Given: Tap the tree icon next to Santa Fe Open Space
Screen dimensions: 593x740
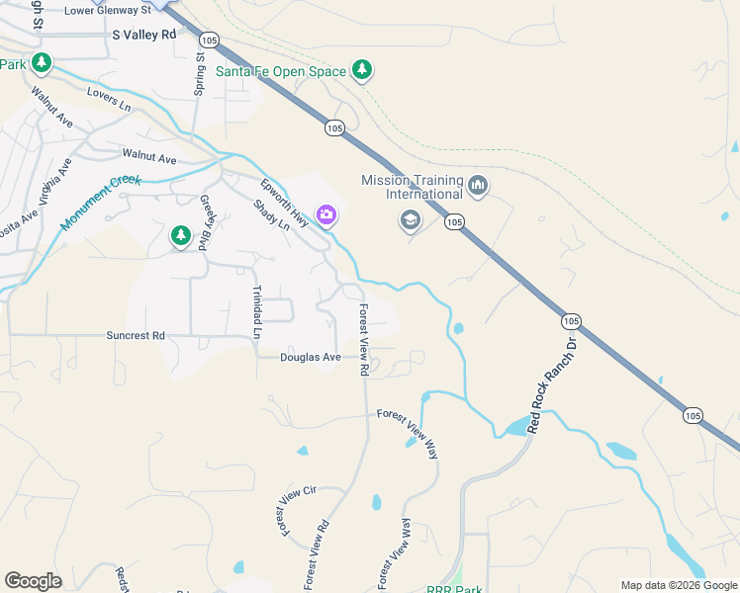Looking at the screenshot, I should coord(363,69).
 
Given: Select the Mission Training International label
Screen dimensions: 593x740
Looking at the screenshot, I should coord(413,187).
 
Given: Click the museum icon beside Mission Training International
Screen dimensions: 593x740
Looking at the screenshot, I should coord(478,186).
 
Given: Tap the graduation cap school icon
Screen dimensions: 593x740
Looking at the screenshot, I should coord(410,220).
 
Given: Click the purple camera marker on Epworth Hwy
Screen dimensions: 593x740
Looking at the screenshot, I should coord(325,213).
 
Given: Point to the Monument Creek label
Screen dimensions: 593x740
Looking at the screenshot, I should coord(102,203).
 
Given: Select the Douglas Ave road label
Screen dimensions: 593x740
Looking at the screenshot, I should coord(310,358).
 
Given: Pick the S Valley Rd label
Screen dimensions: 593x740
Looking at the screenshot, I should coord(143,34).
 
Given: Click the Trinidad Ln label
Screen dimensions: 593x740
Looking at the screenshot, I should coord(256,312).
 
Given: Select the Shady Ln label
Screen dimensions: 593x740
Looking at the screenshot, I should coord(271,215).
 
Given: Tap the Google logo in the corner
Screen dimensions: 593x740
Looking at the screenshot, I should coord(33,581).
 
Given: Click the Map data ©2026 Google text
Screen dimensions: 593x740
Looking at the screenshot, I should coord(679,585).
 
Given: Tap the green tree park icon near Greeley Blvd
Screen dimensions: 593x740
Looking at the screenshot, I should coord(180,235).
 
